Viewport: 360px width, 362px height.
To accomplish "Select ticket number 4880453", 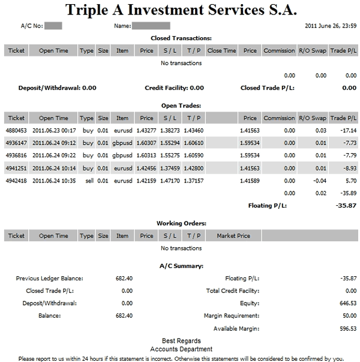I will (17, 130).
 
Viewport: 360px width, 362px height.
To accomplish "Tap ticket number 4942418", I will (17, 181).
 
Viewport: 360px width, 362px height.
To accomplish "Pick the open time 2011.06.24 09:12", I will (54, 143).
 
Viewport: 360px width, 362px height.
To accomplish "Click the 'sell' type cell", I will (88, 181).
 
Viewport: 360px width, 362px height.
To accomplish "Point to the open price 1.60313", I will (146, 155).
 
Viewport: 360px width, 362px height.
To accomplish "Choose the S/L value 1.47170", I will (170, 181).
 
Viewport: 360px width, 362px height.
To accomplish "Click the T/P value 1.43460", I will (194, 130).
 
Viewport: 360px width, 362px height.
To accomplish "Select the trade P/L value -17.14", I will (346, 130).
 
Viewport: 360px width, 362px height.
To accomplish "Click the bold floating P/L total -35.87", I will (344, 206).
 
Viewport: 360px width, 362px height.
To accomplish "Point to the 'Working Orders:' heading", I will (181, 223).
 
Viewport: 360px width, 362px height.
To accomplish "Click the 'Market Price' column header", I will (233, 236).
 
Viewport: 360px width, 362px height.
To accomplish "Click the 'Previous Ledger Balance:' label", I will (50, 279).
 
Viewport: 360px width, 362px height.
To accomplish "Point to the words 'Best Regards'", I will (181, 341).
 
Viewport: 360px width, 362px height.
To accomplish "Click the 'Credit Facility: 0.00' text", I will (174, 88).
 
